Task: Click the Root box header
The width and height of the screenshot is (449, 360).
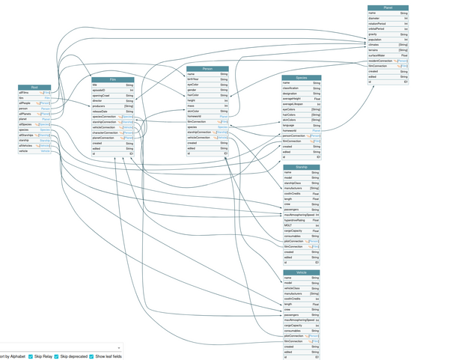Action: (34, 87)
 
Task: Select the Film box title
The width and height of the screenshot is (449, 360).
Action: (113, 79)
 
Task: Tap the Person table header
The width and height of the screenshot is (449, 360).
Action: (207, 68)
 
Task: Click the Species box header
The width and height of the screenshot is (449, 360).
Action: (302, 77)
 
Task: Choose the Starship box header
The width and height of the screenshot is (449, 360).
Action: (302, 167)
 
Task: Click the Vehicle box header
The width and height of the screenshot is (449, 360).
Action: (302, 272)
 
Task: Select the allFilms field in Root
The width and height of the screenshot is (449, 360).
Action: (25, 92)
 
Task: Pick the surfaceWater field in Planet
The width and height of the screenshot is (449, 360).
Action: (377, 55)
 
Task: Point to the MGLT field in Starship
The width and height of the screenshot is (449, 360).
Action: (287, 225)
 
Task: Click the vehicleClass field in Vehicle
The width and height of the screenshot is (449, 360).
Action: (291, 288)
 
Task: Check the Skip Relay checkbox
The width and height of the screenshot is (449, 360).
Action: (30, 356)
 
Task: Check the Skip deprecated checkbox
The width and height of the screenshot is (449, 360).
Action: (64, 356)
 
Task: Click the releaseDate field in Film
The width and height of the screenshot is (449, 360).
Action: (101, 112)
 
